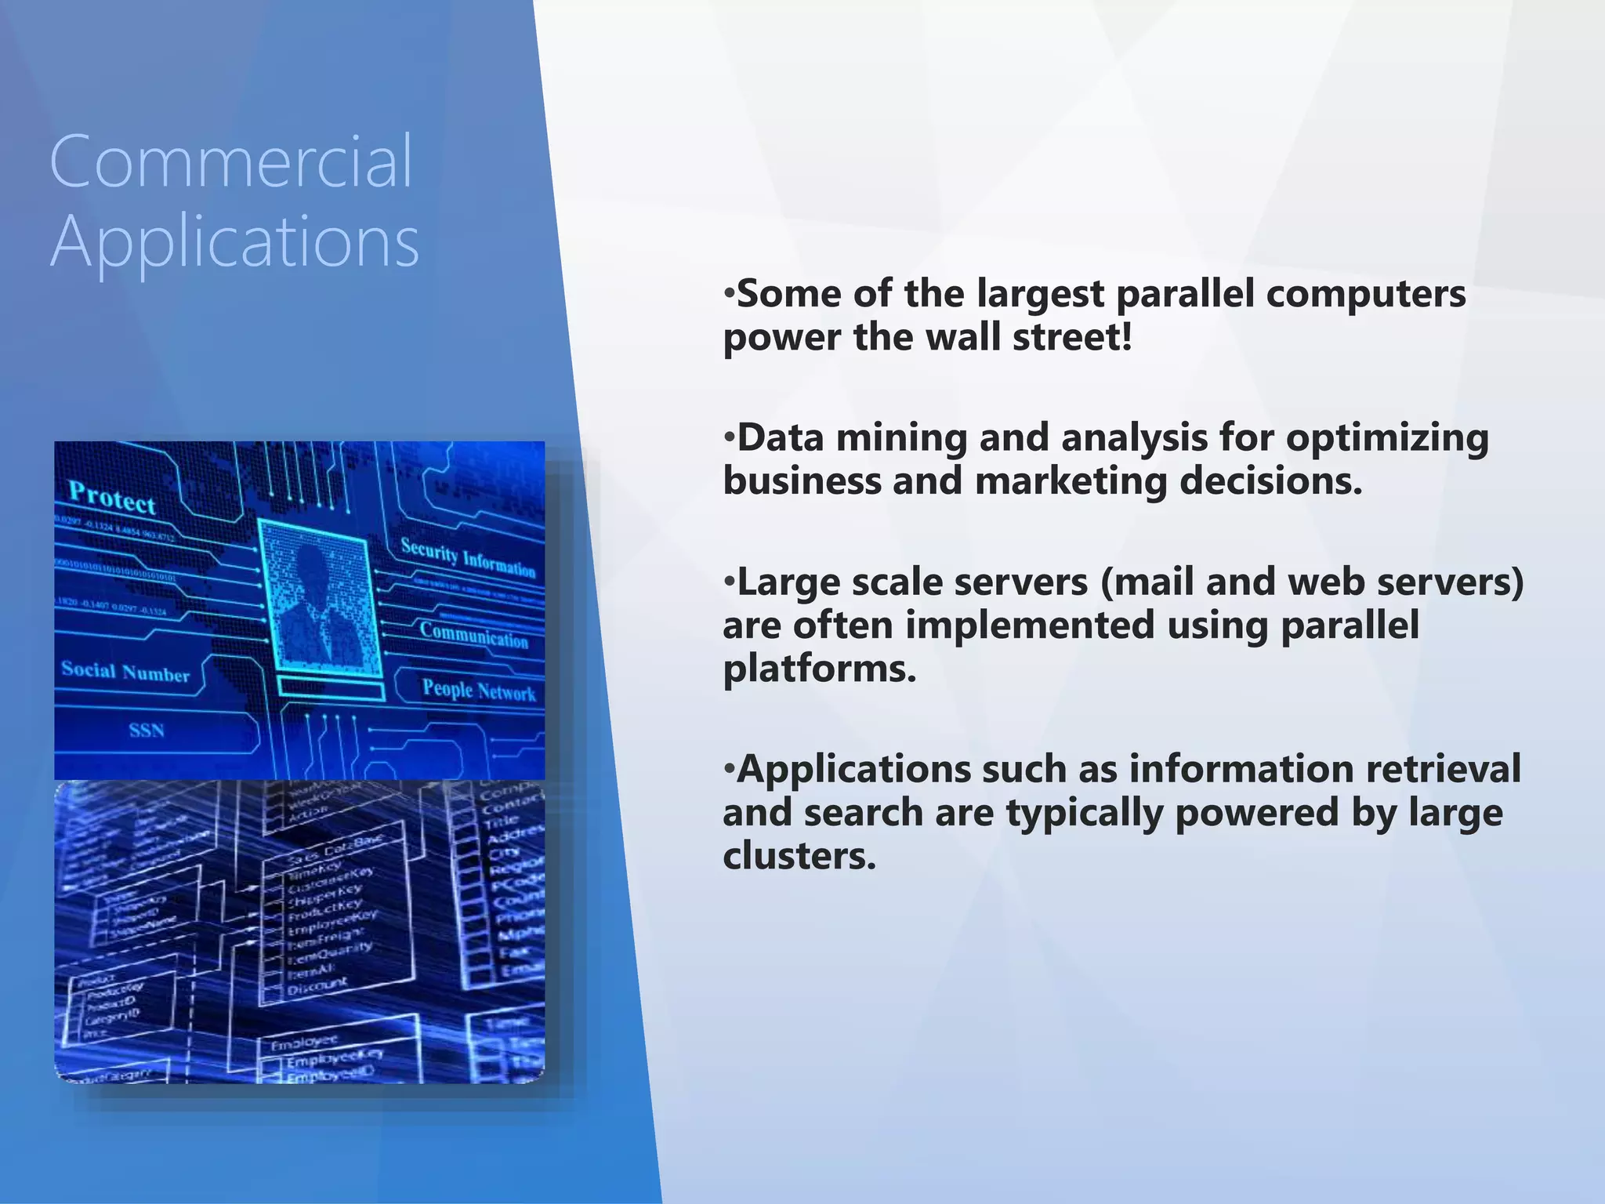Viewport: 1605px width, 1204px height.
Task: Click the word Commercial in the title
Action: point(230,161)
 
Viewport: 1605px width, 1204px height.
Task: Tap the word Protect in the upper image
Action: point(112,498)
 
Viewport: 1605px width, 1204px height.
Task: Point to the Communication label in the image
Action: point(473,634)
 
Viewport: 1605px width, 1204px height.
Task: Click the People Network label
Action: point(479,691)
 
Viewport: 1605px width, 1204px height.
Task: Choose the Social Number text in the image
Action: point(125,672)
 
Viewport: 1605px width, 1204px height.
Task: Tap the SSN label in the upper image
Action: point(147,731)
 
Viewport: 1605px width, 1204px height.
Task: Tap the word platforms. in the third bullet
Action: point(819,669)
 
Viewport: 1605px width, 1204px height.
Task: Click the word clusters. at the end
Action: point(799,856)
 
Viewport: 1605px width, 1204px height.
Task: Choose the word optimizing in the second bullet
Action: point(1387,437)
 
